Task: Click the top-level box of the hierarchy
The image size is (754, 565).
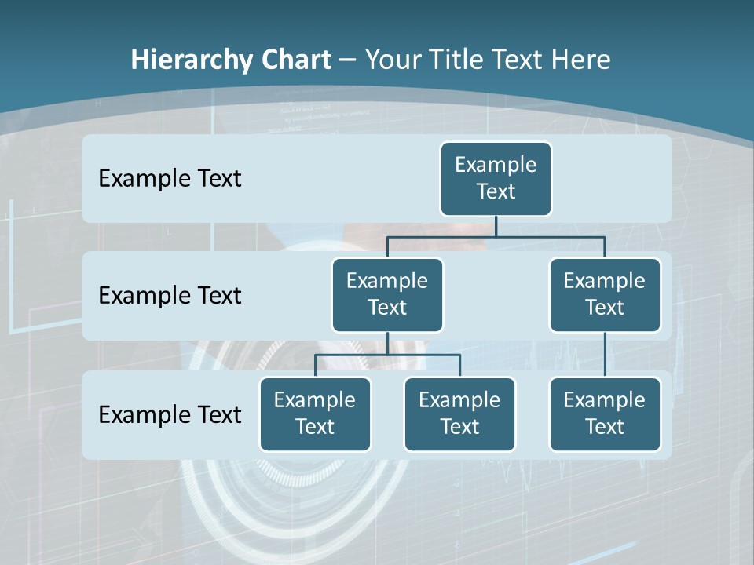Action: (x=496, y=179)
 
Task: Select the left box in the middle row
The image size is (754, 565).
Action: (x=387, y=295)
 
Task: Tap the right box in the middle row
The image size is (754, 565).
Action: (x=605, y=295)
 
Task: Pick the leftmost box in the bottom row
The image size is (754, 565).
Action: (x=315, y=414)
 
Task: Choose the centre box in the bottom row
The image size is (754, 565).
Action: (x=459, y=414)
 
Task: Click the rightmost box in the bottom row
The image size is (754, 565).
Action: (x=605, y=414)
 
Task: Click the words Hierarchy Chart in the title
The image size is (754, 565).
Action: (x=231, y=60)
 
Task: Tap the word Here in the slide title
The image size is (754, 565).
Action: (x=584, y=60)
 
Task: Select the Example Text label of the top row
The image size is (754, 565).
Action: (x=170, y=179)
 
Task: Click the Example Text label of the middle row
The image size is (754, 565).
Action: (x=170, y=296)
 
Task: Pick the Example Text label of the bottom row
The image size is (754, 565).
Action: (x=170, y=414)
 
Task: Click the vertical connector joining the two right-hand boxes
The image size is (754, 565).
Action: (x=605, y=355)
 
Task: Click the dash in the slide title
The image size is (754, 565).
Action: (x=348, y=60)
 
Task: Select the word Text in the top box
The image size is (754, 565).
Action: (x=496, y=191)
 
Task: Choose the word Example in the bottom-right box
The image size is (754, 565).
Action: (x=604, y=400)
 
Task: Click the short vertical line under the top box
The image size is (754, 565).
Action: (x=496, y=226)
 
